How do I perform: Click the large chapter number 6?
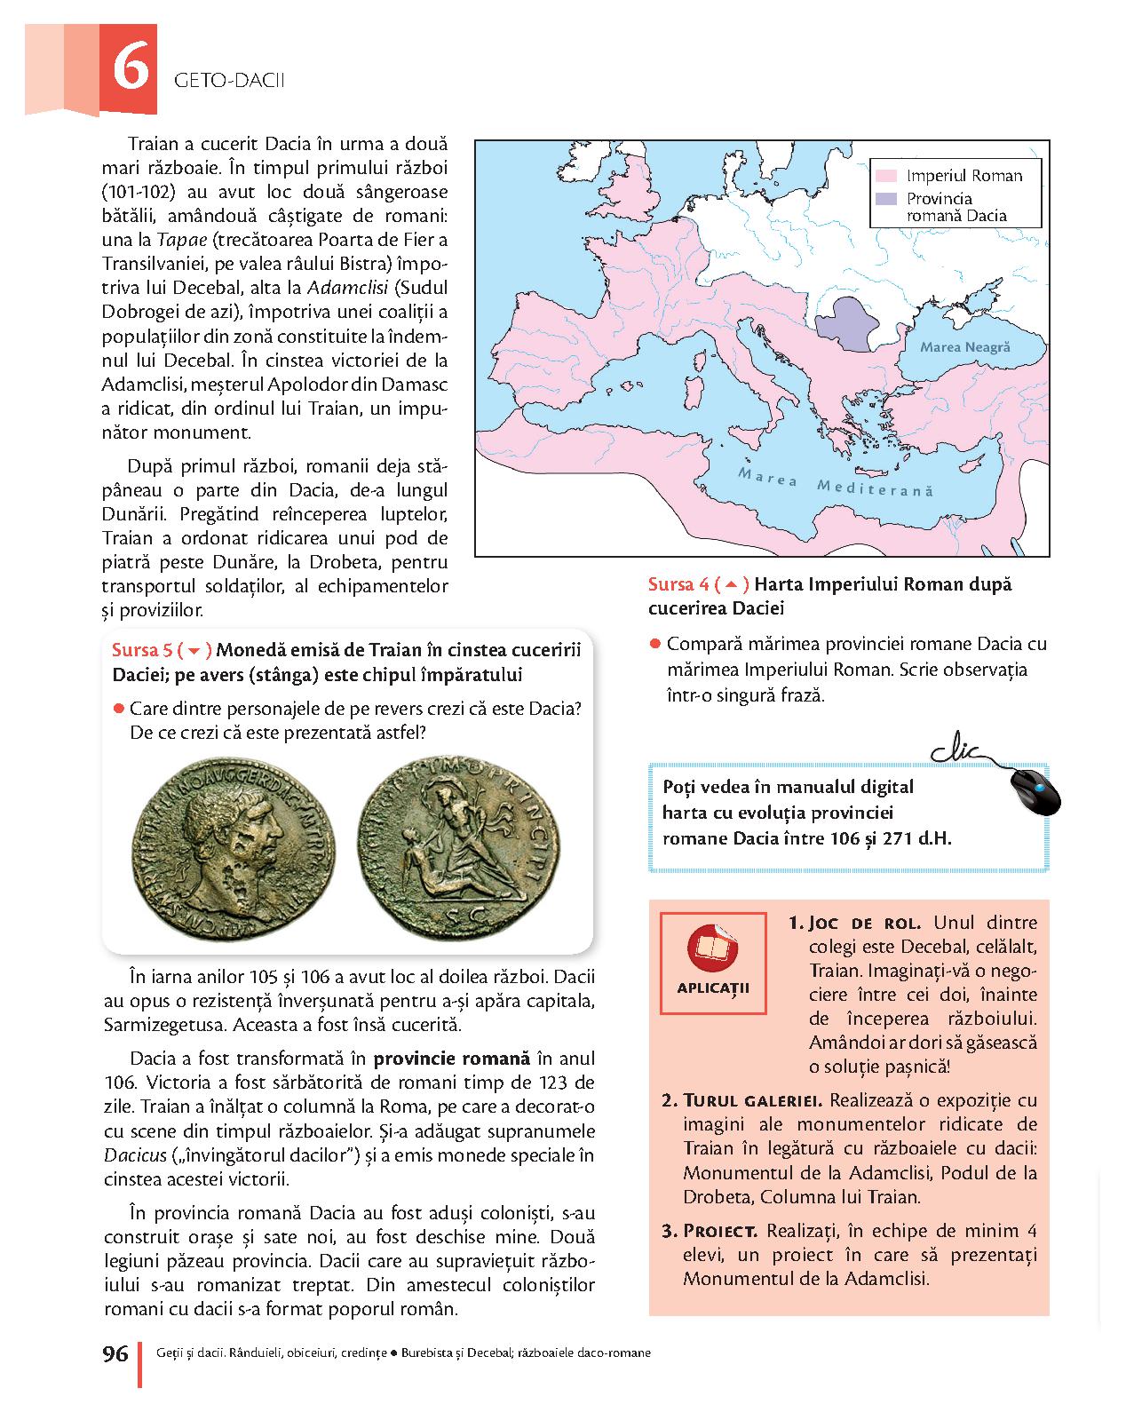click(x=130, y=70)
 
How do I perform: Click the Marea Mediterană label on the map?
click(x=835, y=485)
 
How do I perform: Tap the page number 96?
click(x=115, y=1353)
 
